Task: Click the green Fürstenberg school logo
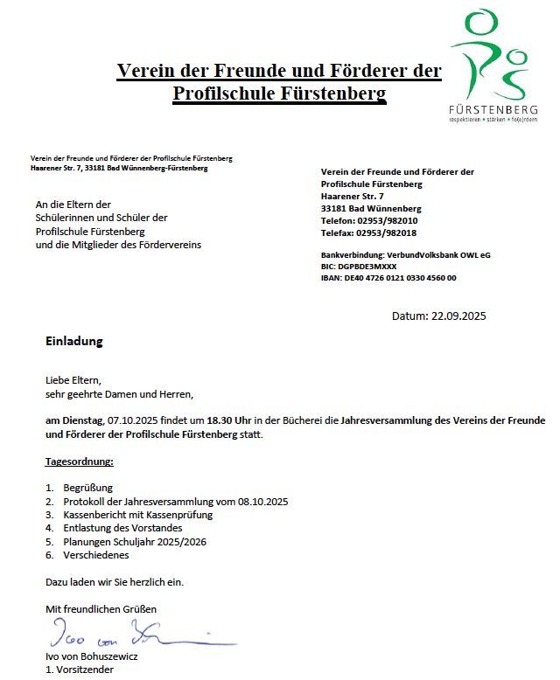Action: [492, 66]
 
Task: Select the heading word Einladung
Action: [74, 341]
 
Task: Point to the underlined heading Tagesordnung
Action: [80, 461]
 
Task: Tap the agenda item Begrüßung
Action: [87, 488]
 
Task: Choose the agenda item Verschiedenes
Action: [95, 555]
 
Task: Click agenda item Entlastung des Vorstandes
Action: [122, 528]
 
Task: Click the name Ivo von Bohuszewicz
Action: [91, 656]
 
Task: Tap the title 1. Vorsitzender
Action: [80, 670]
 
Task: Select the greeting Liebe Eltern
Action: [73, 380]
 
